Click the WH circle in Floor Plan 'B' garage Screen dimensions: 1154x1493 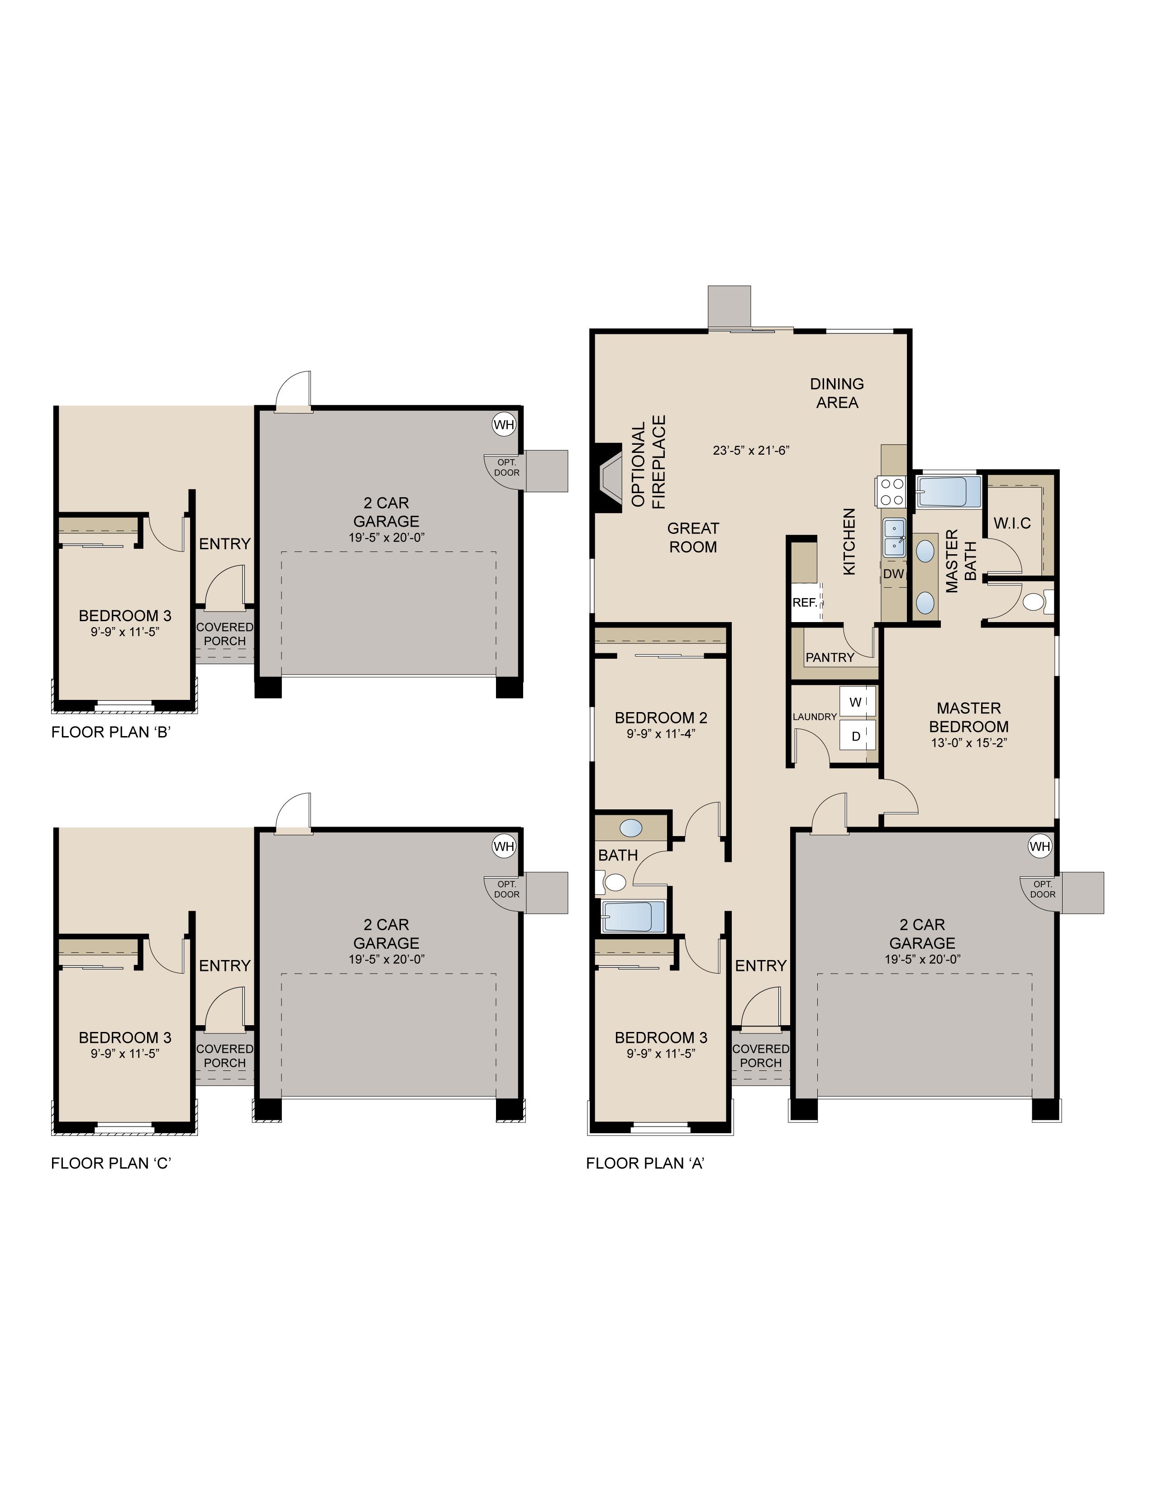504,424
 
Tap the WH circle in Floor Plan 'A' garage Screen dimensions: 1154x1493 1039,846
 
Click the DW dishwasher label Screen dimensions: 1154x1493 893,574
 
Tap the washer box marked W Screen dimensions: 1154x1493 855,702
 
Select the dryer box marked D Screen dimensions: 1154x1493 855,736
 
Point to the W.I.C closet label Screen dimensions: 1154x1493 1012,523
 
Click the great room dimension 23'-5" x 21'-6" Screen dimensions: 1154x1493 751,450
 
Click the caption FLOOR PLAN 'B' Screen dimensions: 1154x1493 111,732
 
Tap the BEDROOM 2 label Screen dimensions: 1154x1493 661,718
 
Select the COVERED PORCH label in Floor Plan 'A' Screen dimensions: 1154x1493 760,1056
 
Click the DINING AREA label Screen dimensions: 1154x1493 837,393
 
